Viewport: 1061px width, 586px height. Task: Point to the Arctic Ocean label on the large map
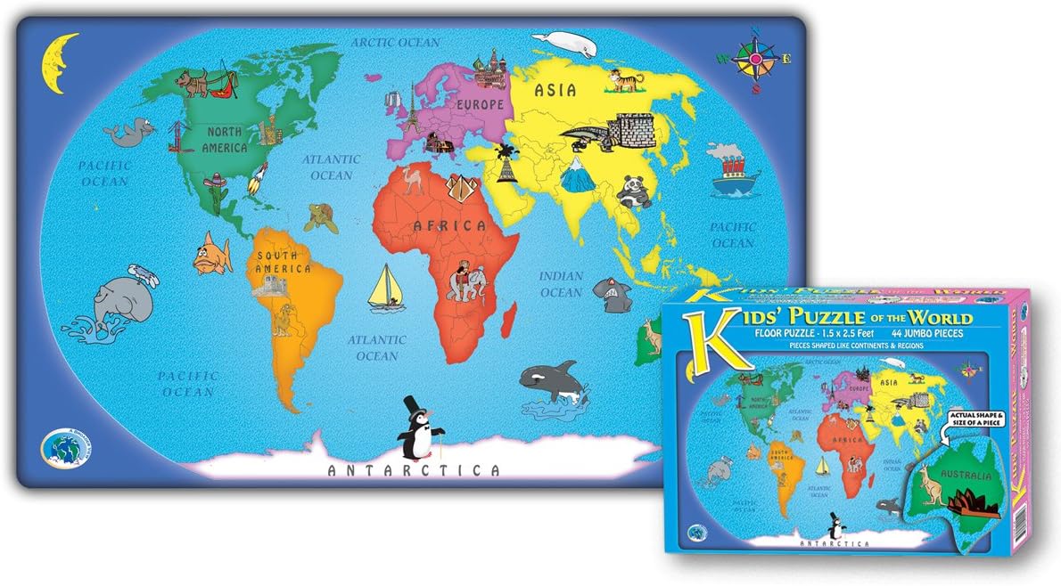click(x=395, y=42)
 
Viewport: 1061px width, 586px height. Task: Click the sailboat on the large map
click(x=389, y=286)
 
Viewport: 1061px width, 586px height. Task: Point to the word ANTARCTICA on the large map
click(x=415, y=470)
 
